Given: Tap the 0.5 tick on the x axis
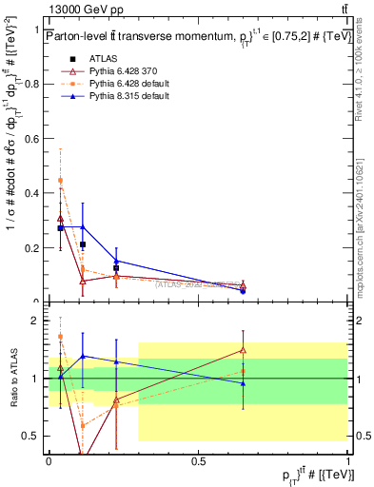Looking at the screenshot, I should (198, 459).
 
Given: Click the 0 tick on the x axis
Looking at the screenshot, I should (49, 459).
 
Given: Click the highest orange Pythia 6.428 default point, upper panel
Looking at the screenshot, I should (61, 180).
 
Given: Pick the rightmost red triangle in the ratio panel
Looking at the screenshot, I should (243, 350).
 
